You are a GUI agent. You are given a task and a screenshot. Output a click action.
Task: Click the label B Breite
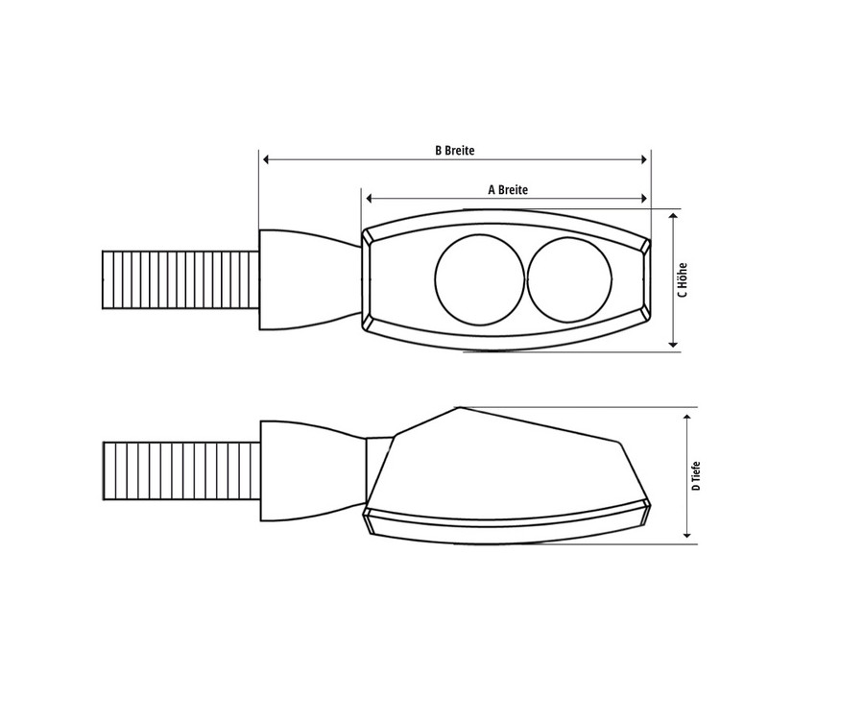click(x=455, y=151)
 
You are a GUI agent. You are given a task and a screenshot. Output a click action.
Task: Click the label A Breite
click(x=508, y=190)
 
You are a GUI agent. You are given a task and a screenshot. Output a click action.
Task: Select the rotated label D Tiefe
click(x=696, y=474)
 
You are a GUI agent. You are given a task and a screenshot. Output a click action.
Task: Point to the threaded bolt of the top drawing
click(x=180, y=279)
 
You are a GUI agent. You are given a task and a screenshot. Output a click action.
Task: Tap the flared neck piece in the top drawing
click(x=305, y=279)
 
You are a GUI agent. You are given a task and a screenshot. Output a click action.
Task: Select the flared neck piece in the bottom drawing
click(x=307, y=469)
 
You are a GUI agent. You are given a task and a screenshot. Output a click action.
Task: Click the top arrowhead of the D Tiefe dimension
click(x=687, y=415)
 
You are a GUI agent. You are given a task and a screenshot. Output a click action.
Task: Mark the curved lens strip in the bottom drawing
click(x=504, y=523)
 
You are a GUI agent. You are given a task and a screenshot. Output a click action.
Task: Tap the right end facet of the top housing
click(x=645, y=279)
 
